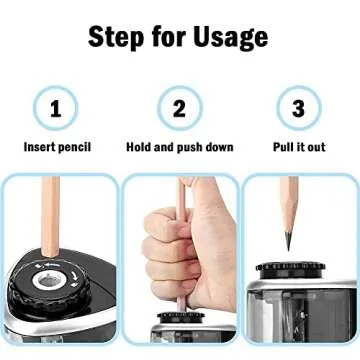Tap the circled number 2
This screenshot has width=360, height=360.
click(179, 108)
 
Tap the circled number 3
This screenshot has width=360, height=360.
click(298, 108)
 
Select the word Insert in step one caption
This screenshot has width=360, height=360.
click(41, 147)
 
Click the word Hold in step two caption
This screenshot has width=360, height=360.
click(140, 147)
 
